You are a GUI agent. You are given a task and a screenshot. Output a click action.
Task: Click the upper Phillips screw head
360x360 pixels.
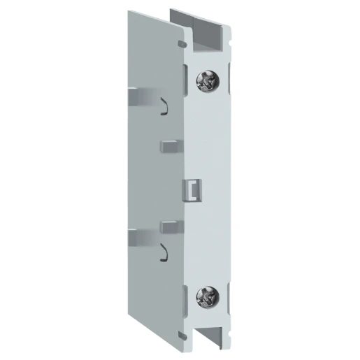[x=208, y=84]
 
